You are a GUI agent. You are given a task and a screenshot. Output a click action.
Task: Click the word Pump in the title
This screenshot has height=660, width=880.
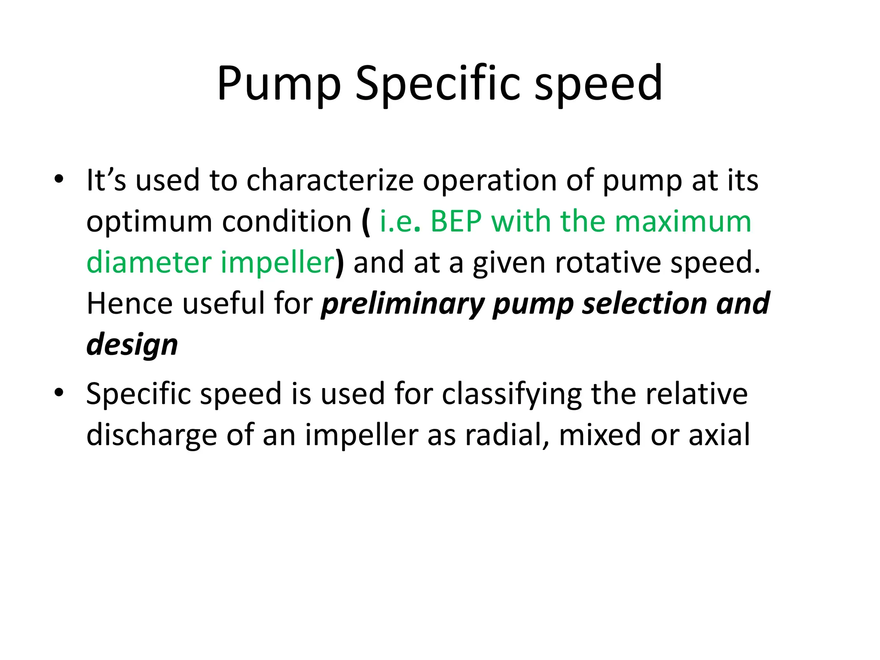279,84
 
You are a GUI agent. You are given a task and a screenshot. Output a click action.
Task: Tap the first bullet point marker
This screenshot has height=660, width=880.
59,179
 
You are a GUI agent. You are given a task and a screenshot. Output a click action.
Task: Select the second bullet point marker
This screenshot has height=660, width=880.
59,392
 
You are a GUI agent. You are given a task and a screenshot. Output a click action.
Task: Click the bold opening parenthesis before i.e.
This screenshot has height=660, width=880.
366,222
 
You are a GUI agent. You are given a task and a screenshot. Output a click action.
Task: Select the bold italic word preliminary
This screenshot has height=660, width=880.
403,304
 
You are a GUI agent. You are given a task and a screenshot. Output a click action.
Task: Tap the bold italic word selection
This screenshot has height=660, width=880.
645,303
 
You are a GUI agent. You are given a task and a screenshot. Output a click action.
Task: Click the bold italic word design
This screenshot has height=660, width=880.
132,345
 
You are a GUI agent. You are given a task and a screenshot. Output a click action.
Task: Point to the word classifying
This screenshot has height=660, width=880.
512,394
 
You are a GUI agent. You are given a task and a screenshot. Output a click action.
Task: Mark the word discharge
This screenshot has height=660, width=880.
152,435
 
